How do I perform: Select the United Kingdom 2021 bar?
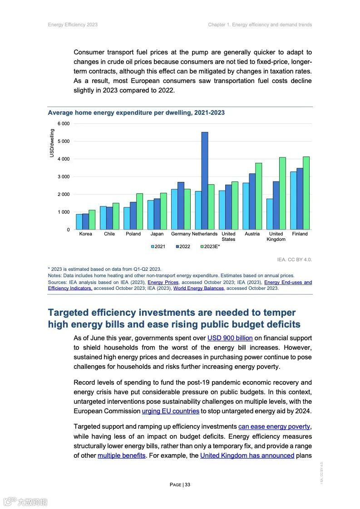tap(270, 214)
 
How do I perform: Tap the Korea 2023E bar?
tap(92, 220)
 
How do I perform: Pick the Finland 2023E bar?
tap(306, 193)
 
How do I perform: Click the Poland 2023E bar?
tap(139, 211)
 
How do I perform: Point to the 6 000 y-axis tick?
tap(64, 124)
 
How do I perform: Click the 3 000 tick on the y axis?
tap(64, 176)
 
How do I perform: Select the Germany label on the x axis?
tap(181, 234)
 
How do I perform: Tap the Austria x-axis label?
tap(252, 234)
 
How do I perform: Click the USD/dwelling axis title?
tap(52, 143)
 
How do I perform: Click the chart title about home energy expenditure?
tap(136, 113)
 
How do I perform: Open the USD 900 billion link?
tap(230, 338)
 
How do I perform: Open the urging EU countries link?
tap(171, 411)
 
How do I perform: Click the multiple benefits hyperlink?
tap(121, 455)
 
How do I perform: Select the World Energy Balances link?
tap(198, 288)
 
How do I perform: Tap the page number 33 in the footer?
tap(180, 485)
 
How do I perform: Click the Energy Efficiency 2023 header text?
tap(73, 24)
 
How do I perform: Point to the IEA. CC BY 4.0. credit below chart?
tap(295, 259)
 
